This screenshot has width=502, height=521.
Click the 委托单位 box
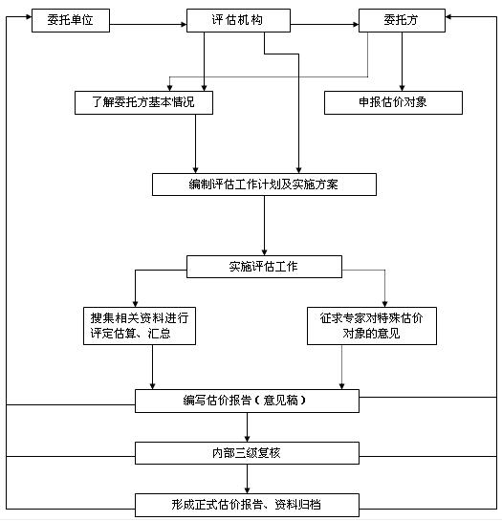(71, 20)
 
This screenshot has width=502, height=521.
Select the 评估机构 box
(238, 20)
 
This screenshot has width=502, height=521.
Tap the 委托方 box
(402, 20)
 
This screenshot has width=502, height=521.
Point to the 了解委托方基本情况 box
(143, 102)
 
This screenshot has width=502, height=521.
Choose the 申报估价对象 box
(393, 102)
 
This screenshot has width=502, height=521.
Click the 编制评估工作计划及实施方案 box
(264, 185)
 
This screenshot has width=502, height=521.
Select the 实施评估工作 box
(264, 267)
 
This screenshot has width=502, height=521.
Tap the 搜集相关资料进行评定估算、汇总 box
(140, 326)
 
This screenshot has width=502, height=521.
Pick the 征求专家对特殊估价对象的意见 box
(372, 326)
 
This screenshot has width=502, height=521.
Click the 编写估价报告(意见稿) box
(247, 402)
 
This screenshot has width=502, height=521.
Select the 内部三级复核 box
(247, 453)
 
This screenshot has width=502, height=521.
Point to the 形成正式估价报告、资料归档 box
(247, 505)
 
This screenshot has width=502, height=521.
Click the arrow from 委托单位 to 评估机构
(148, 24)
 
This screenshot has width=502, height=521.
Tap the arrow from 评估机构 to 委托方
(324, 24)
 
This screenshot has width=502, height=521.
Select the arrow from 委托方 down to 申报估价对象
(402, 61)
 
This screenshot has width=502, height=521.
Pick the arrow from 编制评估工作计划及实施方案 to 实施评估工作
(264, 226)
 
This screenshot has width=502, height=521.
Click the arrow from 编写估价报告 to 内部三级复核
(247, 427)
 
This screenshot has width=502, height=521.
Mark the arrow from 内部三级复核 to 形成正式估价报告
(247, 479)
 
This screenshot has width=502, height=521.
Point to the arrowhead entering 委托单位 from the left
(29, 16)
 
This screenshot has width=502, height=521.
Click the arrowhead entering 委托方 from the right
(448, 16)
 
